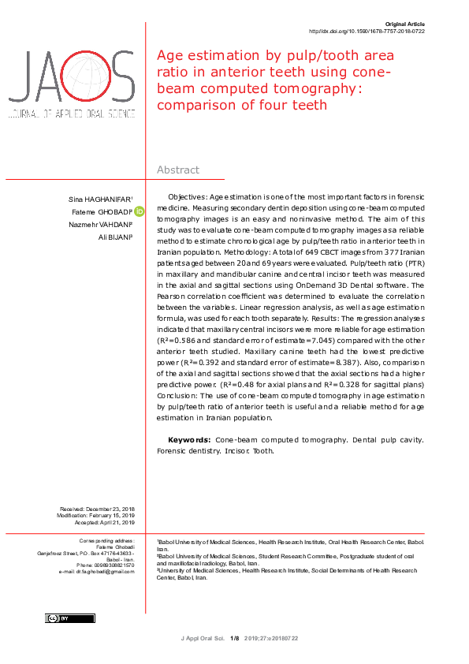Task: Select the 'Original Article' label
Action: (x=404, y=24)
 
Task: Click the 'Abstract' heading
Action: (x=178, y=170)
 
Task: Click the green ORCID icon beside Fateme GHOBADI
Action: (x=140, y=211)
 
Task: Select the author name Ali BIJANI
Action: (x=115, y=237)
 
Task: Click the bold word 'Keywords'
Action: (x=189, y=438)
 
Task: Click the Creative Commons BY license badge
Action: (x=70, y=618)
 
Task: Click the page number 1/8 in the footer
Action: (x=234, y=638)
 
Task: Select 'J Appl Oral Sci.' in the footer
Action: (x=203, y=638)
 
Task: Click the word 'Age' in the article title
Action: (x=170, y=56)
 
